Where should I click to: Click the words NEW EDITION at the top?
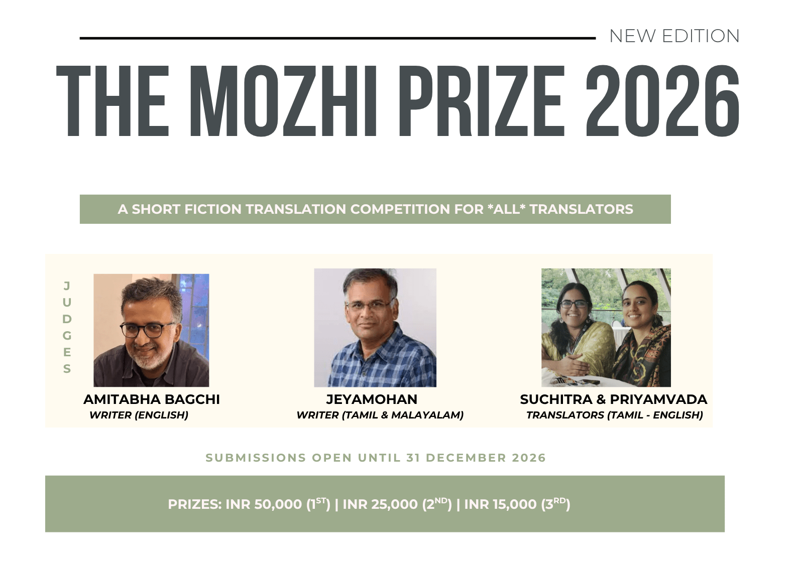(x=674, y=36)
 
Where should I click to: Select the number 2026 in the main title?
(x=662, y=101)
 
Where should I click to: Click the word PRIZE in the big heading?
(x=482, y=101)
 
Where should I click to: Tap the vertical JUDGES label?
(x=67, y=327)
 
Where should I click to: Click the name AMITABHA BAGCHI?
(x=152, y=399)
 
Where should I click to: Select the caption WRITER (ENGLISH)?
(x=139, y=415)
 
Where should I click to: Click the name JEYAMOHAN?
(x=372, y=399)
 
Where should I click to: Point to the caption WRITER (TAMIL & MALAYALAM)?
(x=380, y=415)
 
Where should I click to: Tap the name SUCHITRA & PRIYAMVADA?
(x=613, y=399)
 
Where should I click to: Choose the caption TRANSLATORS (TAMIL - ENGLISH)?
(x=615, y=415)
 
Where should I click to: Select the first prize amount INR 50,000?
(x=264, y=504)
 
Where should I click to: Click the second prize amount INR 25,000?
(x=380, y=504)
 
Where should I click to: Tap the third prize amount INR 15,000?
(x=500, y=504)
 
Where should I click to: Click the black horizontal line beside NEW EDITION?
(x=337, y=38)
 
